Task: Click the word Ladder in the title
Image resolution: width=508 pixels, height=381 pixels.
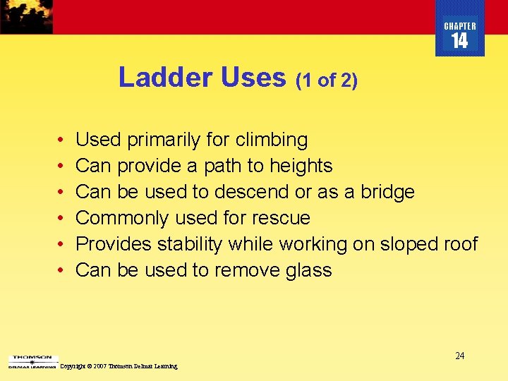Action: point(167,78)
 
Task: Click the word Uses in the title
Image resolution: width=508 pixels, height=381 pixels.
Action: point(253,78)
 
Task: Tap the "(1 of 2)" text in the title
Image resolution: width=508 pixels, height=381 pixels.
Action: point(327,80)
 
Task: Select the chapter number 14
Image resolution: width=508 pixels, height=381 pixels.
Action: point(459,42)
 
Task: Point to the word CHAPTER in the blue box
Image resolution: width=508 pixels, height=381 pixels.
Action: point(460,26)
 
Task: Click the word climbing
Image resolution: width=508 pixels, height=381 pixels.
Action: point(272,140)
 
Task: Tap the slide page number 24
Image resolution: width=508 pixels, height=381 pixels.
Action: point(459,356)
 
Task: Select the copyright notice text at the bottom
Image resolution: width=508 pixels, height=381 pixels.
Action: point(119,367)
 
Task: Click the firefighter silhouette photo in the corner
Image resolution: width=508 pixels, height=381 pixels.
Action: point(26,16)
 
